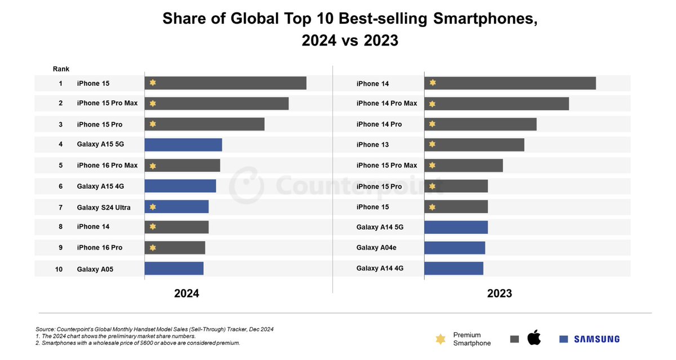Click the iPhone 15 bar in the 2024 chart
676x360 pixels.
(225, 83)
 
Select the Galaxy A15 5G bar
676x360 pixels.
(183, 144)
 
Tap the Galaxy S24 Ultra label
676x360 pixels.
(104, 207)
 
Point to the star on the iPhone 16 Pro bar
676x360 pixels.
(153, 247)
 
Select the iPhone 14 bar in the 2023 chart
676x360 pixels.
(510, 83)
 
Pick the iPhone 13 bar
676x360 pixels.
(474, 144)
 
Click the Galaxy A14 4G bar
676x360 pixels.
(453, 268)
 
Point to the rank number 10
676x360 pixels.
(59, 269)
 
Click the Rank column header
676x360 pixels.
(61, 69)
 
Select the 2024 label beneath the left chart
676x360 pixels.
(186, 294)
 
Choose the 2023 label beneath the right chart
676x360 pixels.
(499, 294)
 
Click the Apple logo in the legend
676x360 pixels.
(533, 339)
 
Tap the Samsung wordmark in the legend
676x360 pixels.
(597, 339)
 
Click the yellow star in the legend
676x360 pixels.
(440, 339)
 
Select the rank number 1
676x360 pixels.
(60, 83)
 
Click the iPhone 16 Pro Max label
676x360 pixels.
(107, 165)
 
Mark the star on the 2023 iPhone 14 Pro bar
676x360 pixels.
(432, 124)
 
